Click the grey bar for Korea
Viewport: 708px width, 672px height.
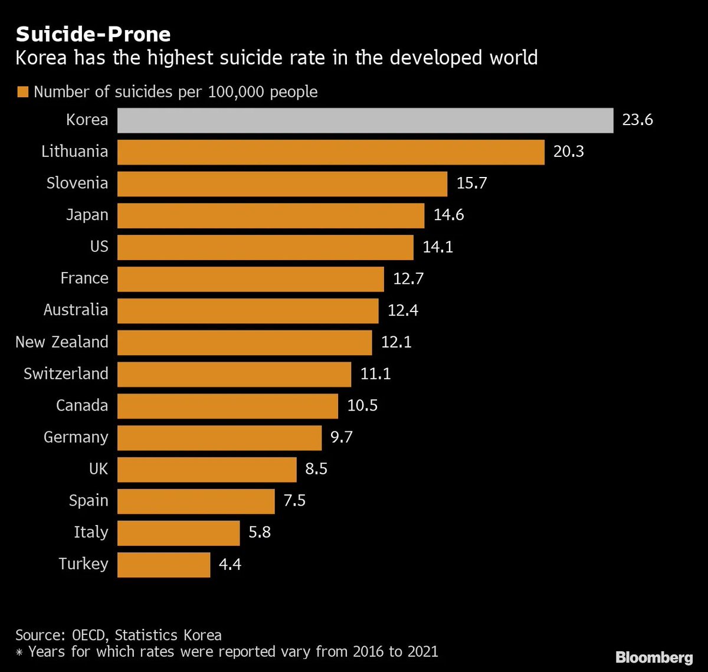tap(365, 120)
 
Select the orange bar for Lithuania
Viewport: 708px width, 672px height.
tap(330, 152)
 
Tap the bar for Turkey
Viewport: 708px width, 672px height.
tap(163, 565)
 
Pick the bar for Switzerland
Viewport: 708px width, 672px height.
tap(234, 374)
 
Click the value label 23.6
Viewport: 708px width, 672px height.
tap(637, 120)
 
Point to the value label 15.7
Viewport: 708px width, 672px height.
tap(472, 183)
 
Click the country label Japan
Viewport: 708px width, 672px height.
tap(87, 215)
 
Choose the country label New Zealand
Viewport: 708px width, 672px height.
tap(62, 342)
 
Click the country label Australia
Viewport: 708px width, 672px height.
tap(76, 310)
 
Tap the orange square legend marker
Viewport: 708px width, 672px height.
tap(23, 92)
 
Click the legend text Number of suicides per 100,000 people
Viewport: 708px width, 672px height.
tap(175, 92)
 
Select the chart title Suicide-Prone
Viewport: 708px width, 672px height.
tap(93, 34)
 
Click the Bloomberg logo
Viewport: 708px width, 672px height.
tap(654, 657)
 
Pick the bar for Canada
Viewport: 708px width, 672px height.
tap(228, 406)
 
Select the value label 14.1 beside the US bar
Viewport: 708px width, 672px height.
tap(438, 247)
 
